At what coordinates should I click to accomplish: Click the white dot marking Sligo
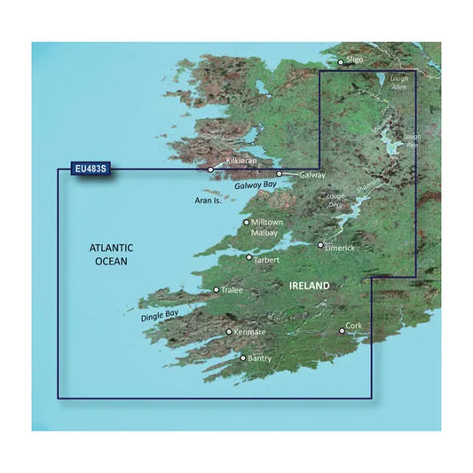tap(340, 62)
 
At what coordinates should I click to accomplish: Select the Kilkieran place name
tap(242, 162)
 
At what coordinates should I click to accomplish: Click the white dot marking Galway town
tap(279, 174)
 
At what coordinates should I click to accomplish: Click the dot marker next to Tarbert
tap(248, 257)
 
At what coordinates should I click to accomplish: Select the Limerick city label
tap(341, 248)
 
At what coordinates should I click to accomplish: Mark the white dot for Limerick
tap(321, 244)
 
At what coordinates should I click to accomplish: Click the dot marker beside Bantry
tap(243, 358)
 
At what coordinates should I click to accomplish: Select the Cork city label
tap(355, 326)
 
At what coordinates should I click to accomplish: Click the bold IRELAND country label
tap(309, 286)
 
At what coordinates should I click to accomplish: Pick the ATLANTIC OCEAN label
tap(110, 255)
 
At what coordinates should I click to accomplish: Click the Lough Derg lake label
tap(335, 200)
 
